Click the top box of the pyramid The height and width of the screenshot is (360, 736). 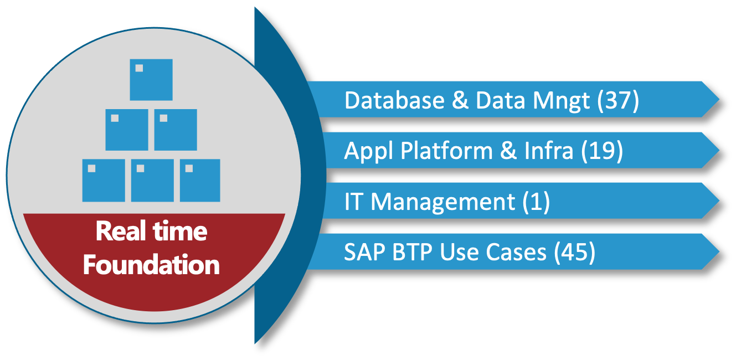pyautogui.click(x=151, y=80)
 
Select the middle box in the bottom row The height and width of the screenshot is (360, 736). pyautogui.click(x=152, y=181)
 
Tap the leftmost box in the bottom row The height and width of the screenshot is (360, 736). pyautogui.click(x=104, y=181)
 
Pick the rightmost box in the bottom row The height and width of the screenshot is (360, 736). pyautogui.click(x=200, y=181)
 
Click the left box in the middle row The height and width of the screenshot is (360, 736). pyautogui.click(x=127, y=130)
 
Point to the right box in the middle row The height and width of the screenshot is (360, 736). pyautogui.click(x=176, y=130)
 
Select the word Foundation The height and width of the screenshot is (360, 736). pyautogui.click(x=151, y=265)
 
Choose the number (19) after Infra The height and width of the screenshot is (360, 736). pyautogui.click(x=603, y=151)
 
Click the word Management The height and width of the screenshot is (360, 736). pyautogui.click(x=443, y=202)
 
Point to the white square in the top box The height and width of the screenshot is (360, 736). pyautogui.click(x=139, y=68)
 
